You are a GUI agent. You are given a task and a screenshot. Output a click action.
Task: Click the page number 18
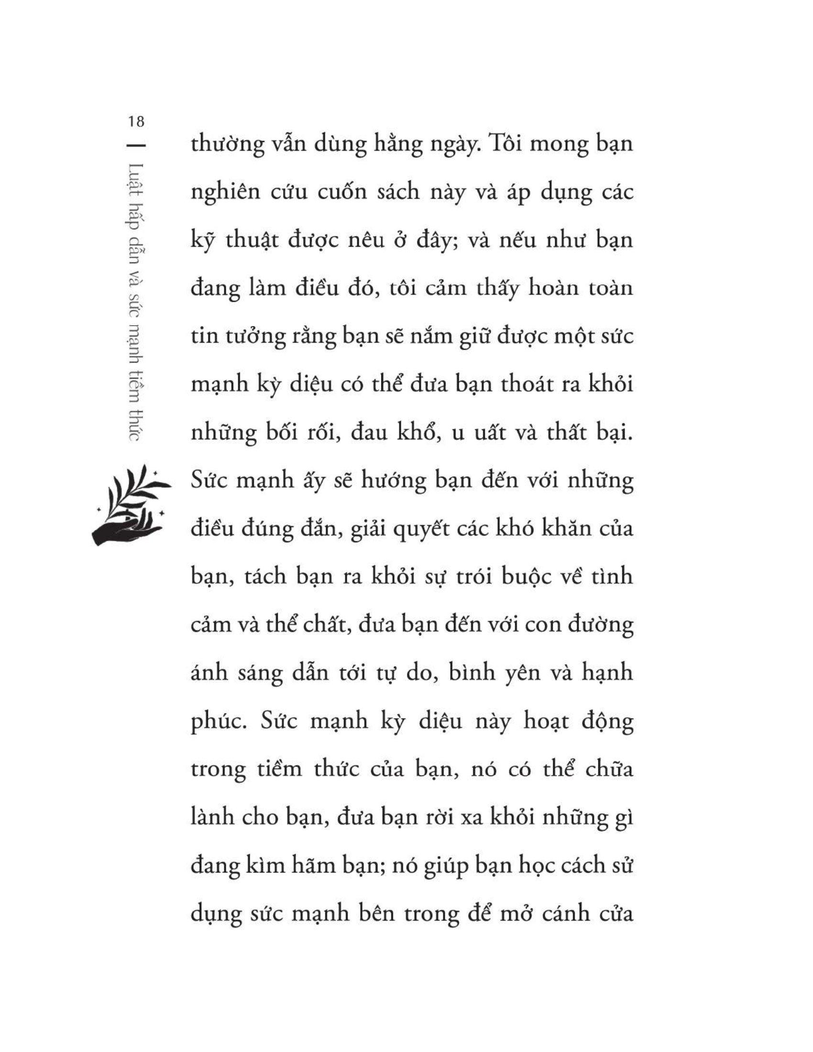(137, 121)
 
